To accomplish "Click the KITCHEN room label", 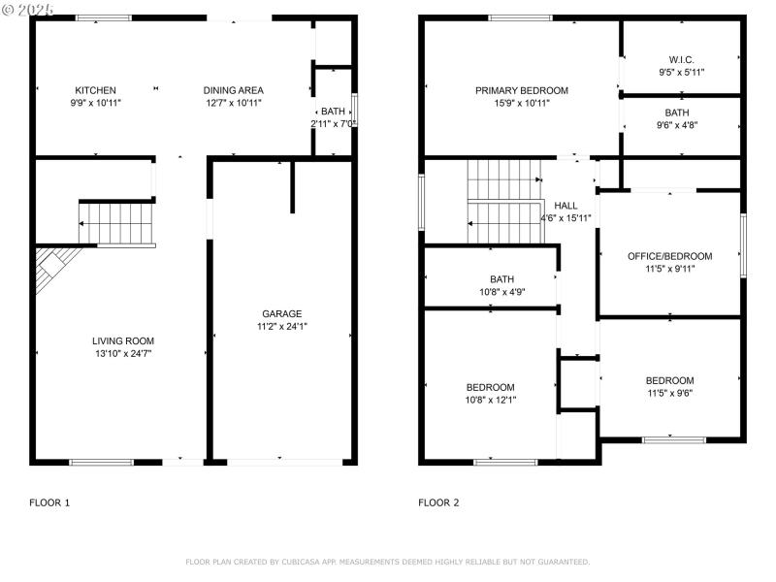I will [95, 90].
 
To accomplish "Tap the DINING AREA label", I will [233, 90].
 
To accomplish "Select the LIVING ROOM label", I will [123, 340].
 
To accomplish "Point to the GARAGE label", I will [281, 313].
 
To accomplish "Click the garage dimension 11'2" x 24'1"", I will [281, 327].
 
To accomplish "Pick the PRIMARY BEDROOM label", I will [521, 90].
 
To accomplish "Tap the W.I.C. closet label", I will [681, 59].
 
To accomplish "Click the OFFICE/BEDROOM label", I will [669, 256].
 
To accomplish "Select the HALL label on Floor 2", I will [566, 206].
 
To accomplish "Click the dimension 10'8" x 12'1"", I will [490, 400].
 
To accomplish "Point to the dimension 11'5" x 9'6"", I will [669, 393].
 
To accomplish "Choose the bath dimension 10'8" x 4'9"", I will [501, 292].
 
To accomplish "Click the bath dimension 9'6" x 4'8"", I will [677, 125].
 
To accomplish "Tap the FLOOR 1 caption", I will [49, 502].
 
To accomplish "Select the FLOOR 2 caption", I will [438, 502].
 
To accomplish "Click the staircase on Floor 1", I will [116, 222].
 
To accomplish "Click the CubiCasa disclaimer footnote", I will [387, 562].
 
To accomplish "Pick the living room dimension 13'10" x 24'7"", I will [123, 354].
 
